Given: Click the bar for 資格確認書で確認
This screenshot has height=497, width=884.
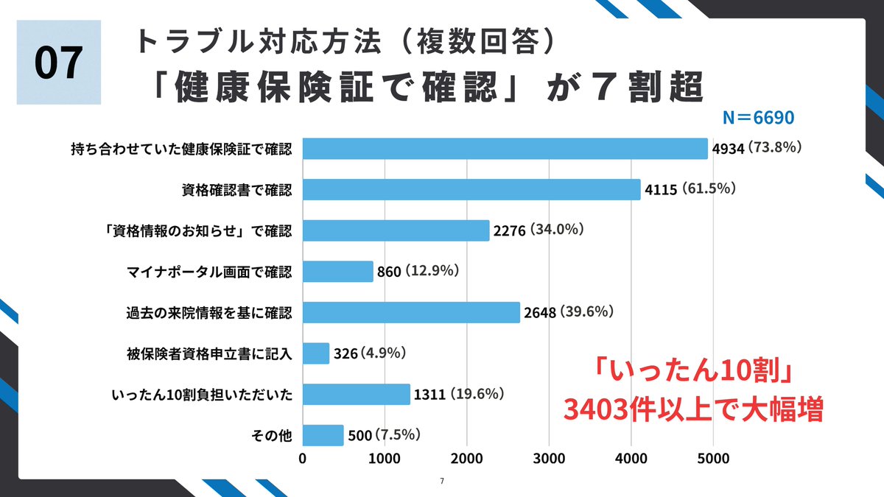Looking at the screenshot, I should (x=471, y=190).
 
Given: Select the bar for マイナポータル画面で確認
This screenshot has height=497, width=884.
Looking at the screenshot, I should (x=338, y=272).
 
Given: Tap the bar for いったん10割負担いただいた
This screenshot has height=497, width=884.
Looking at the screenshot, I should (x=357, y=395).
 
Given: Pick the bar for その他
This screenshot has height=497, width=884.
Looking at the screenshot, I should (x=323, y=435).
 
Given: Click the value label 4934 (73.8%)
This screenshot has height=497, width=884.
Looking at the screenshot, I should (x=757, y=148).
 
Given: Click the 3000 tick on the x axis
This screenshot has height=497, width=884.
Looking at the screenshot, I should (x=549, y=458).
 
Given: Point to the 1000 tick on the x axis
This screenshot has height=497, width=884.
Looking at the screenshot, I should (x=385, y=458).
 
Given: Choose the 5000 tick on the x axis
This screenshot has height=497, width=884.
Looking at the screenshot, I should (x=713, y=458).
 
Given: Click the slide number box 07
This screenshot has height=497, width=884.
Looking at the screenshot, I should (x=59, y=63).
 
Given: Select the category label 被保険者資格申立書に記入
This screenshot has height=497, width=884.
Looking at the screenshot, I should (x=210, y=354).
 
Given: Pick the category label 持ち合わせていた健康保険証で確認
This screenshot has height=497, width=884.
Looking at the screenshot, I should (x=182, y=149).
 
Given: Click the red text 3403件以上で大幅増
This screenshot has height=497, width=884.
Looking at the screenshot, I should (x=692, y=409).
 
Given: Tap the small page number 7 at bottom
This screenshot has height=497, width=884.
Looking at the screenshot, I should (x=441, y=482).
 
